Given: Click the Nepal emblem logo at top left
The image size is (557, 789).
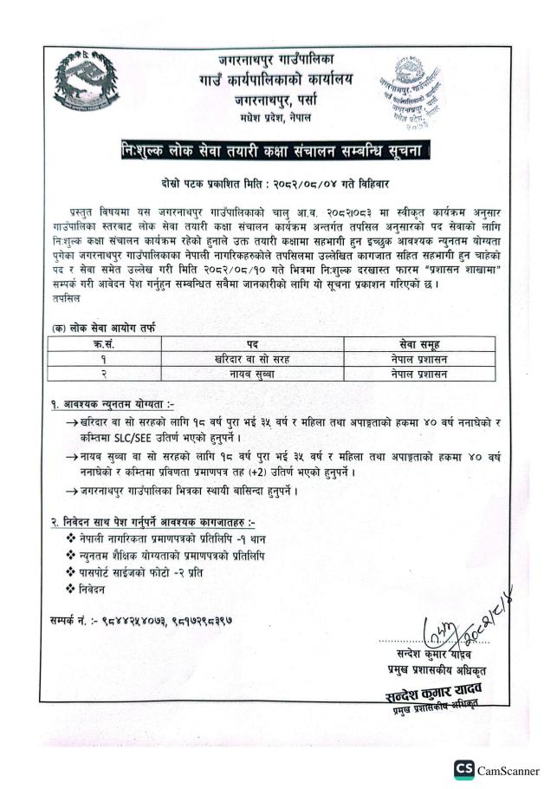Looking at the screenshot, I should click(x=84, y=82).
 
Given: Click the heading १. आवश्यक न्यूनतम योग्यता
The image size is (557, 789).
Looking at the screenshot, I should click(x=113, y=404).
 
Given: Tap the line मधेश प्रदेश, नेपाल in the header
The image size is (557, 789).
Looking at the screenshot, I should click(x=276, y=116).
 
